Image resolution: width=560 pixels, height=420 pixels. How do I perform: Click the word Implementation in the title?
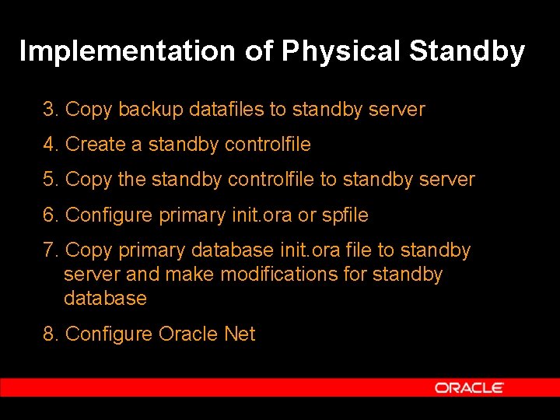[127, 51]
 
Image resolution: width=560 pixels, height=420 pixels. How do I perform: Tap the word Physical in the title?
[341, 51]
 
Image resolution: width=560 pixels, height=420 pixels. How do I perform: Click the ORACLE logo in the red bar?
[469, 387]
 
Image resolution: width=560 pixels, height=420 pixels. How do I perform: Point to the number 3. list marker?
[51, 110]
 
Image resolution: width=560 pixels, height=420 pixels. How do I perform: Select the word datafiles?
[227, 110]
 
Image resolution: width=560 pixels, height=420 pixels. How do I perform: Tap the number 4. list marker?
[51, 145]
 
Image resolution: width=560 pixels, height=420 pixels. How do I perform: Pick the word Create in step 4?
[96, 145]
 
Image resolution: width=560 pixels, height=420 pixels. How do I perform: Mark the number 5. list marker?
[51, 180]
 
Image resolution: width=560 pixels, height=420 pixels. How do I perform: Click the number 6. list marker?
[51, 215]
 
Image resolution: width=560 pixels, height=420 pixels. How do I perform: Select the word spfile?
[345, 215]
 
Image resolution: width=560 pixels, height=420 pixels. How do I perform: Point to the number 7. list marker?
[51, 250]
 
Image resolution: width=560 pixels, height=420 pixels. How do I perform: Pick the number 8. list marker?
[51, 334]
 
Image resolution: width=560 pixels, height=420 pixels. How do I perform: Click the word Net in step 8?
[240, 334]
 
